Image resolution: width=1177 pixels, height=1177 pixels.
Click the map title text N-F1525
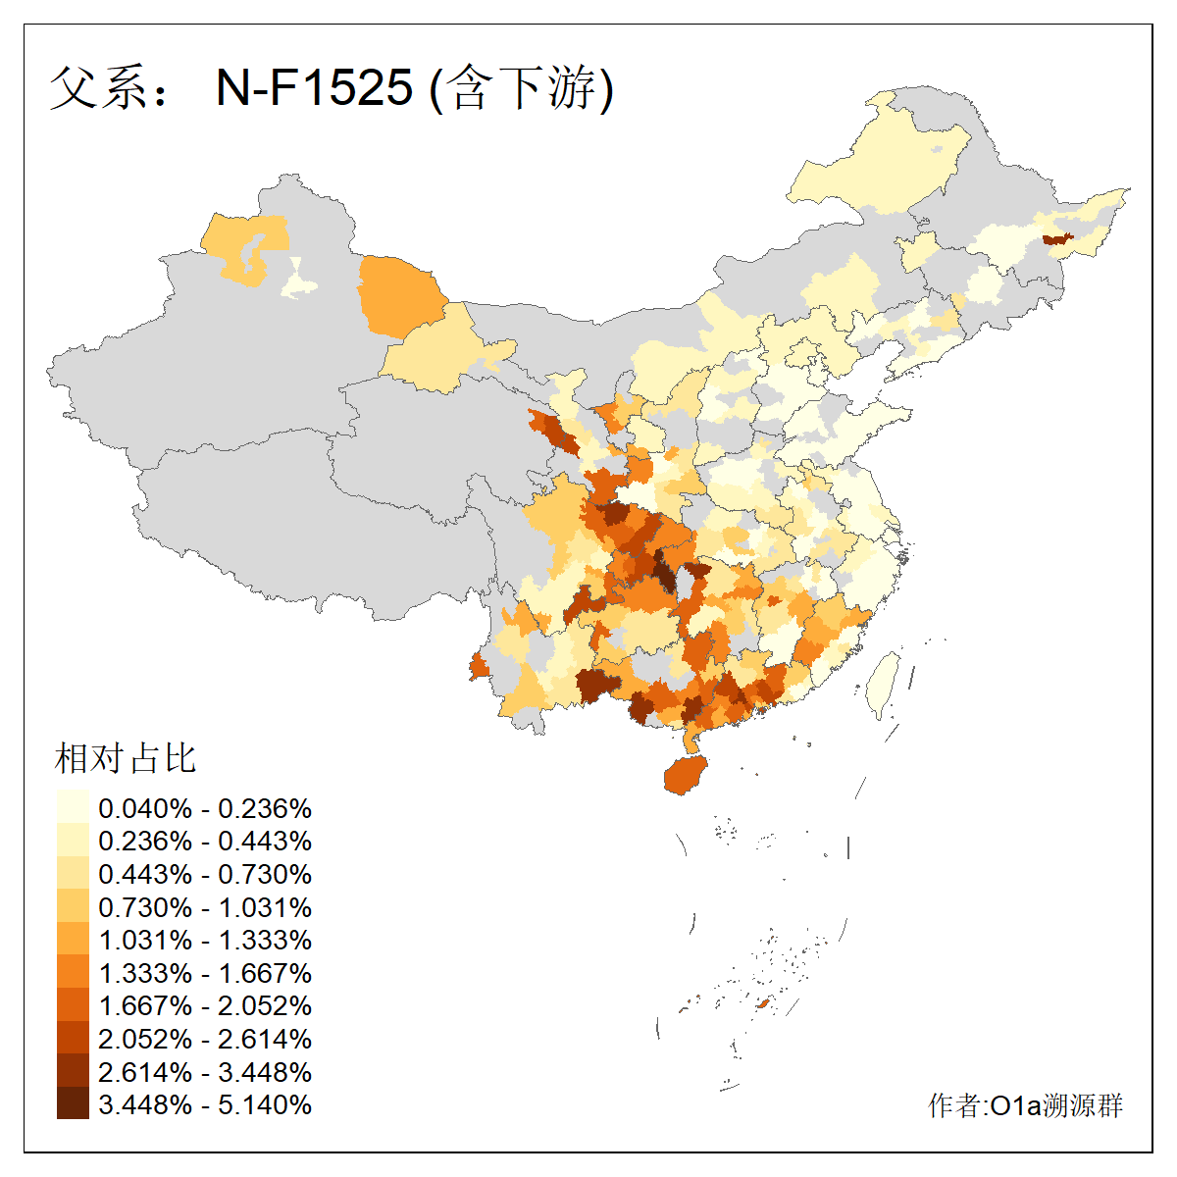pos(314,88)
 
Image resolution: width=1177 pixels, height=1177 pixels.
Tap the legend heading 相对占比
pos(126,758)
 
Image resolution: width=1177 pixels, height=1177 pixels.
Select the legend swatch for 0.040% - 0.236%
pos(73,808)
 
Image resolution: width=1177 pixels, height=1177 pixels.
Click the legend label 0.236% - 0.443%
pos(205,842)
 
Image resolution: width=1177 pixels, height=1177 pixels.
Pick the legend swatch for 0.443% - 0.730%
pos(73,874)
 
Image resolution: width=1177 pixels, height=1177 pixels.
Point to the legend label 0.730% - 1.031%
pos(205,907)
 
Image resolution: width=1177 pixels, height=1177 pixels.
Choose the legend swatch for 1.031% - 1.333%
pos(73,940)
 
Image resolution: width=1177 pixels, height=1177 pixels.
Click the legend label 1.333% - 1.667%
pos(205,973)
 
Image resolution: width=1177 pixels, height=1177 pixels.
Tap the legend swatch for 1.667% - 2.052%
pos(73,1005)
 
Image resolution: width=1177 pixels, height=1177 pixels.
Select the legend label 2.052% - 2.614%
pos(205,1039)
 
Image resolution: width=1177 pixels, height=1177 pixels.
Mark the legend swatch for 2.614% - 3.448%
pos(73,1071)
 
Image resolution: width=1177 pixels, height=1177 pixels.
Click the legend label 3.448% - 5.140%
pos(205,1104)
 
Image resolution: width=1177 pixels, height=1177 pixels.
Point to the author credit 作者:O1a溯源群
pos(1025,1105)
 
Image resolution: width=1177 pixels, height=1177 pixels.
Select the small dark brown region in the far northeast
pos(1056,238)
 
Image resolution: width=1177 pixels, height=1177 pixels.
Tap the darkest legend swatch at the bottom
pos(73,1104)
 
